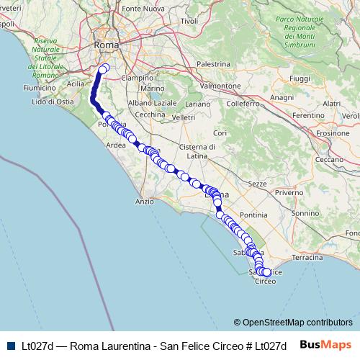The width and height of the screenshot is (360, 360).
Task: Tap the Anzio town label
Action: click(x=145, y=202)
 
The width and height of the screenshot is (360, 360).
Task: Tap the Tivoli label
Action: click(x=189, y=21)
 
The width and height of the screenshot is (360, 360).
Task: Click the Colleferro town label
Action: click(x=242, y=104)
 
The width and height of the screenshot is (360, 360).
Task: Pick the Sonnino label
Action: click(x=305, y=213)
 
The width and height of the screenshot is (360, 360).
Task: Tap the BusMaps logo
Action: click(x=325, y=346)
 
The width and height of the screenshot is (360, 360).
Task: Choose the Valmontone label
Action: click(x=220, y=86)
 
